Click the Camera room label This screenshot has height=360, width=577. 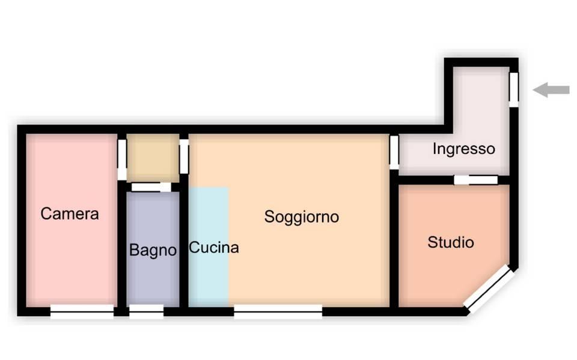click(x=70, y=214)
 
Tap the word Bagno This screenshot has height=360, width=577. click(x=153, y=250)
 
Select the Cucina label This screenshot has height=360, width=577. click(x=214, y=248)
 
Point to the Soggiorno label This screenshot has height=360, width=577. click(x=301, y=217)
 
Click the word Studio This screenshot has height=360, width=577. click(x=451, y=242)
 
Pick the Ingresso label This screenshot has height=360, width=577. click(x=463, y=149)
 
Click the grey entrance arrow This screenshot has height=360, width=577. click(x=551, y=90)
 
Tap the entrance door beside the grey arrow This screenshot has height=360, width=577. click(x=514, y=90)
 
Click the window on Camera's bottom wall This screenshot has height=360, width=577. click(x=82, y=311)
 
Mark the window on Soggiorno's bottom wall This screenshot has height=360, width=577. click(x=278, y=311)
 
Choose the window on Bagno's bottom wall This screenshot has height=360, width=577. click(x=146, y=311)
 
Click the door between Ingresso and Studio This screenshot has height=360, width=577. click(x=476, y=180)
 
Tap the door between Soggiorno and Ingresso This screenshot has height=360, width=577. click(x=394, y=153)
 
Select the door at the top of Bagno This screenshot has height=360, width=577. click(x=151, y=187)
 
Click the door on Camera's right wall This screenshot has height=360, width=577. click(x=122, y=159)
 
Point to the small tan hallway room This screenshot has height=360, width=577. click(x=153, y=158)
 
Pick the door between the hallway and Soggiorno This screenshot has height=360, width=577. click(x=184, y=156)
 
